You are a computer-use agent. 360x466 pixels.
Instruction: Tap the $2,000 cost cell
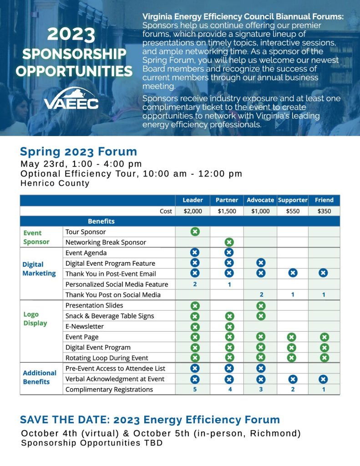(x=193, y=211)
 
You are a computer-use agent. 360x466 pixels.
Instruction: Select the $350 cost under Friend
(x=324, y=211)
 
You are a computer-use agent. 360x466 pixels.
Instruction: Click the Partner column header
(x=227, y=200)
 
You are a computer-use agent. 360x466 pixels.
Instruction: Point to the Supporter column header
(x=293, y=200)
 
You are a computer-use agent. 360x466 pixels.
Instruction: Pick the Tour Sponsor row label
(x=86, y=232)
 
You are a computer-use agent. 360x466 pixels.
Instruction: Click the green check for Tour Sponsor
(x=195, y=232)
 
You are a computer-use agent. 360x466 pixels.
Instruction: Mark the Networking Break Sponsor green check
(x=229, y=242)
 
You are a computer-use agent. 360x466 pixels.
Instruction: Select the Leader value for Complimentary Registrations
(x=195, y=390)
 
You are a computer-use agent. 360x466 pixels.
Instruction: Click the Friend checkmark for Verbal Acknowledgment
(x=323, y=379)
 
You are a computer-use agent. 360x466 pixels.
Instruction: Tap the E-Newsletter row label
(x=85, y=326)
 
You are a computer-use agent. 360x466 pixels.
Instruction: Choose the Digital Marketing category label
(x=39, y=269)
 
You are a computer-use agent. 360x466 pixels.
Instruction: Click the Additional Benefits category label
(x=40, y=377)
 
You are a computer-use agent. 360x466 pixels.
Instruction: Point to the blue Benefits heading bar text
(x=101, y=222)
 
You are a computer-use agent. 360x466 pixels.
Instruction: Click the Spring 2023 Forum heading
(x=78, y=152)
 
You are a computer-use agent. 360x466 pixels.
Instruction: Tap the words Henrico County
(x=55, y=183)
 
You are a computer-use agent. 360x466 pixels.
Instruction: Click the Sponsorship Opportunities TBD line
(x=91, y=443)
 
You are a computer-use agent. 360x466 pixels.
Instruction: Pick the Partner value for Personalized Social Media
(x=229, y=284)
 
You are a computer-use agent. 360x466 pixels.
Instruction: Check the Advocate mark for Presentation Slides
(x=260, y=306)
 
